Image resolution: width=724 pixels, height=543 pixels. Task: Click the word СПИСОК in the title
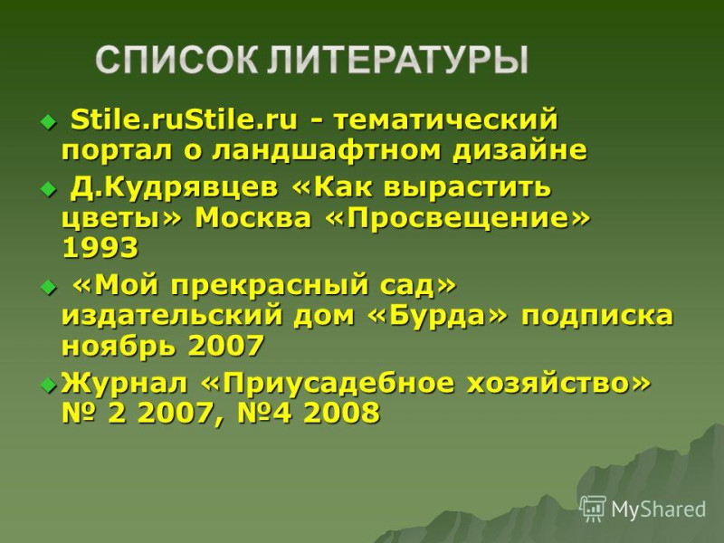coord(176,60)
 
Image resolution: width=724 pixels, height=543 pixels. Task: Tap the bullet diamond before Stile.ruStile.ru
coord(48,122)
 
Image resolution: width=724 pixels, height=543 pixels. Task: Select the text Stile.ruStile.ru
coord(185,119)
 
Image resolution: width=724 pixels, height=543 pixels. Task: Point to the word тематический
coord(446,120)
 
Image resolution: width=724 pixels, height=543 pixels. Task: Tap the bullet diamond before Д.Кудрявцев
coord(48,189)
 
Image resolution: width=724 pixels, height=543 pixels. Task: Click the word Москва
coord(253,217)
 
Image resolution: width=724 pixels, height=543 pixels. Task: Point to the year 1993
coord(100,247)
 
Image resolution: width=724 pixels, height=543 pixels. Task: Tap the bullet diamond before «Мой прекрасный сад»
coord(48,288)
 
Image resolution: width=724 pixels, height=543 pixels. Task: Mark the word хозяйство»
coord(557,384)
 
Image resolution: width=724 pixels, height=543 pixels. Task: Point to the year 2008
coord(342,413)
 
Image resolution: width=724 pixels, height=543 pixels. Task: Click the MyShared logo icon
coord(593,509)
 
